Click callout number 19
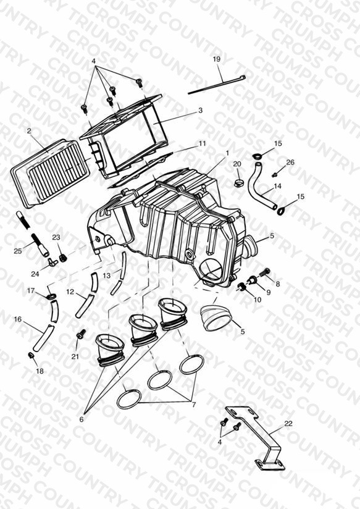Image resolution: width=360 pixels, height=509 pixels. click(217, 59)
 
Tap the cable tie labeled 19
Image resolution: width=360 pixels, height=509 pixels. click(217, 85)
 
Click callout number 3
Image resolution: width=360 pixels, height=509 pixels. click(200, 111)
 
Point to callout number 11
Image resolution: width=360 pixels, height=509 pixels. click(203, 143)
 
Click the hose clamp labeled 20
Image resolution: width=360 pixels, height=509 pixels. click(238, 183)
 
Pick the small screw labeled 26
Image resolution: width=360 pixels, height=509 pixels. click(275, 175)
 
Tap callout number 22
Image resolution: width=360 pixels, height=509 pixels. click(288, 424)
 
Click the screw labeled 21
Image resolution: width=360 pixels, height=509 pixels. click(81, 334)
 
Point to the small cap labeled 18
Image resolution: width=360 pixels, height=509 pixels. click(31, 356)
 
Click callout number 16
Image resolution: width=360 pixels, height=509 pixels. click(18, 319)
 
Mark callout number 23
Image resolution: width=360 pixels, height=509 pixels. click(56, 237)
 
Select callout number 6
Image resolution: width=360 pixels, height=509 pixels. click(81, 419)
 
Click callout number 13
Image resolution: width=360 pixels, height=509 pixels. click(106, 276)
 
